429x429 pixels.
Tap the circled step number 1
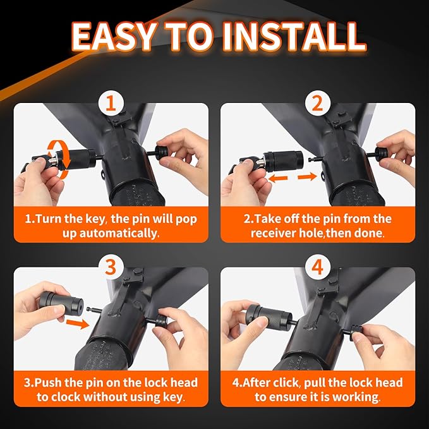[x=111, y=104]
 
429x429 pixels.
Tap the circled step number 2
[x=318, y=104]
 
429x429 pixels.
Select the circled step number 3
[x=111, y=267]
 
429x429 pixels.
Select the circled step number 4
[x=318, y=267]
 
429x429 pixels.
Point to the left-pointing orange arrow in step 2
[x=278, y=179]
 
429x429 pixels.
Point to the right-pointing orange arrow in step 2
[x=307, y=177]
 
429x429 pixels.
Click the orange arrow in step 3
[x=78, y=324]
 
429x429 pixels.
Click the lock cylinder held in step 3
[x=61, y=303]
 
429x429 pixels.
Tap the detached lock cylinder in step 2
[x=283, y=161]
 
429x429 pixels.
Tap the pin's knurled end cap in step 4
[x=356, y=333]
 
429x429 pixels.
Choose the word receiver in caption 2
[x=273, y=233]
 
